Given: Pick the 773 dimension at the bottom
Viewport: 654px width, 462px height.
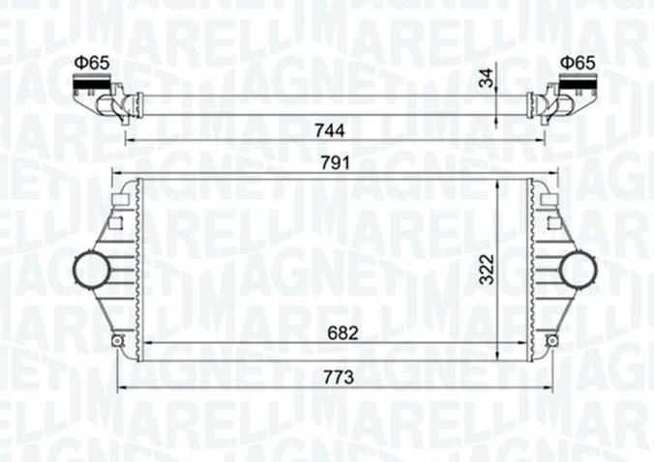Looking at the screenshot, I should point(336,376).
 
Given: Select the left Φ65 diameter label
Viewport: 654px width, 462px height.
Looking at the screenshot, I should point(93,63).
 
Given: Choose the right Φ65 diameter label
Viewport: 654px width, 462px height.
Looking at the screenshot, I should point(576,63).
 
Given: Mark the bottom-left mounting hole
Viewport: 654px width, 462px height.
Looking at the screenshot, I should point(118,340).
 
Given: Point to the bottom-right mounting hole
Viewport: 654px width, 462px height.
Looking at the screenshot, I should point(550,340).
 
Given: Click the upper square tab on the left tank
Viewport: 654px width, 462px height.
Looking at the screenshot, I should point(122,199).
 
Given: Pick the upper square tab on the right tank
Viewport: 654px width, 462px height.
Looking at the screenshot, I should point(548,199).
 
